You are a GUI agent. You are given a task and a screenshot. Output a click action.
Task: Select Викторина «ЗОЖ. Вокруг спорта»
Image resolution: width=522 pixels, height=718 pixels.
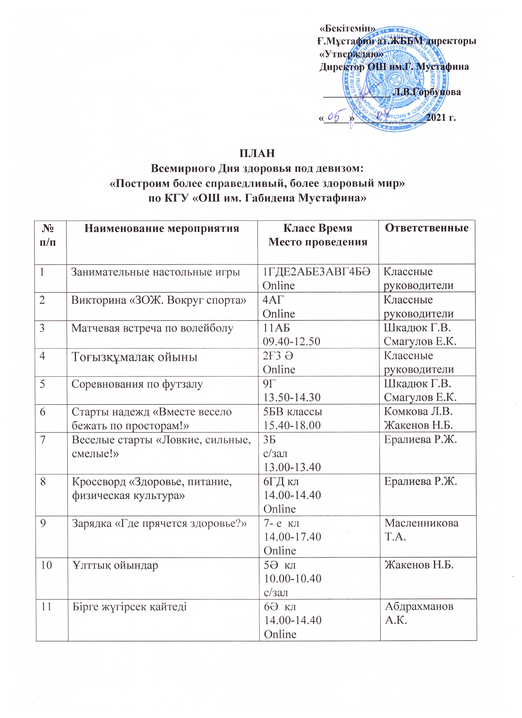(159, 300)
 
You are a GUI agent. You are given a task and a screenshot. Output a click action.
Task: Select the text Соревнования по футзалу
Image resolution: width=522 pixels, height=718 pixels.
(137, 384)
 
